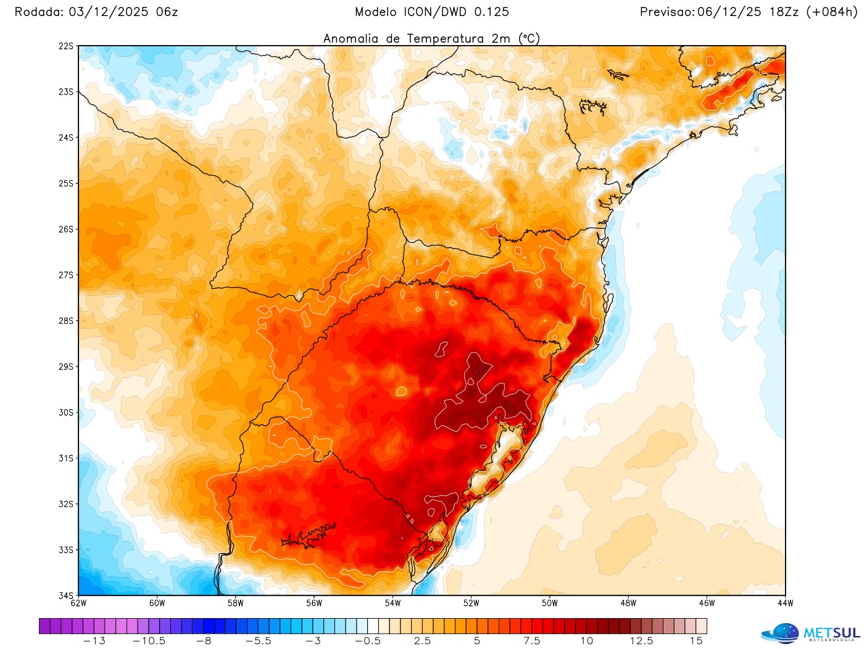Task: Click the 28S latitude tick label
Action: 66,321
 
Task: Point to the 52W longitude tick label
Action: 471,603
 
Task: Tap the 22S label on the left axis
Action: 66,46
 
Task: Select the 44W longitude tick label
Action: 785,603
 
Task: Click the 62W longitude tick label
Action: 78,603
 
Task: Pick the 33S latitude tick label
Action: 66,550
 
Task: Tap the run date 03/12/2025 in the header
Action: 106,12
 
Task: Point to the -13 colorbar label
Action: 94,641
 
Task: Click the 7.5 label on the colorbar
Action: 532,641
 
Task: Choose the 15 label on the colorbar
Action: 696,641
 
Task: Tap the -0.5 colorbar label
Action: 368,641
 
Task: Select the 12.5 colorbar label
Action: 641,641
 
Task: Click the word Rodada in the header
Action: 37,12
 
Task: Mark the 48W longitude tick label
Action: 628,603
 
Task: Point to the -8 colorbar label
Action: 204,641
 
